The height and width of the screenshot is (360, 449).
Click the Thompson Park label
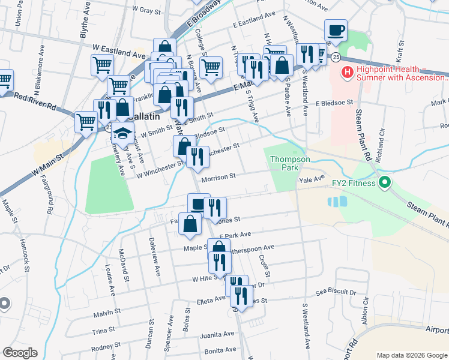[290, 163]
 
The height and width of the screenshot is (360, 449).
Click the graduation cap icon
[122, 134]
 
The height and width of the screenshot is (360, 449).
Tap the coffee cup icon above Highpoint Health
[336, 29]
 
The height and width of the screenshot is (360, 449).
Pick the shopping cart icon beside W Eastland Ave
[103, 65]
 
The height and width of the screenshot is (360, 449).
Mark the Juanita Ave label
[219, 334]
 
